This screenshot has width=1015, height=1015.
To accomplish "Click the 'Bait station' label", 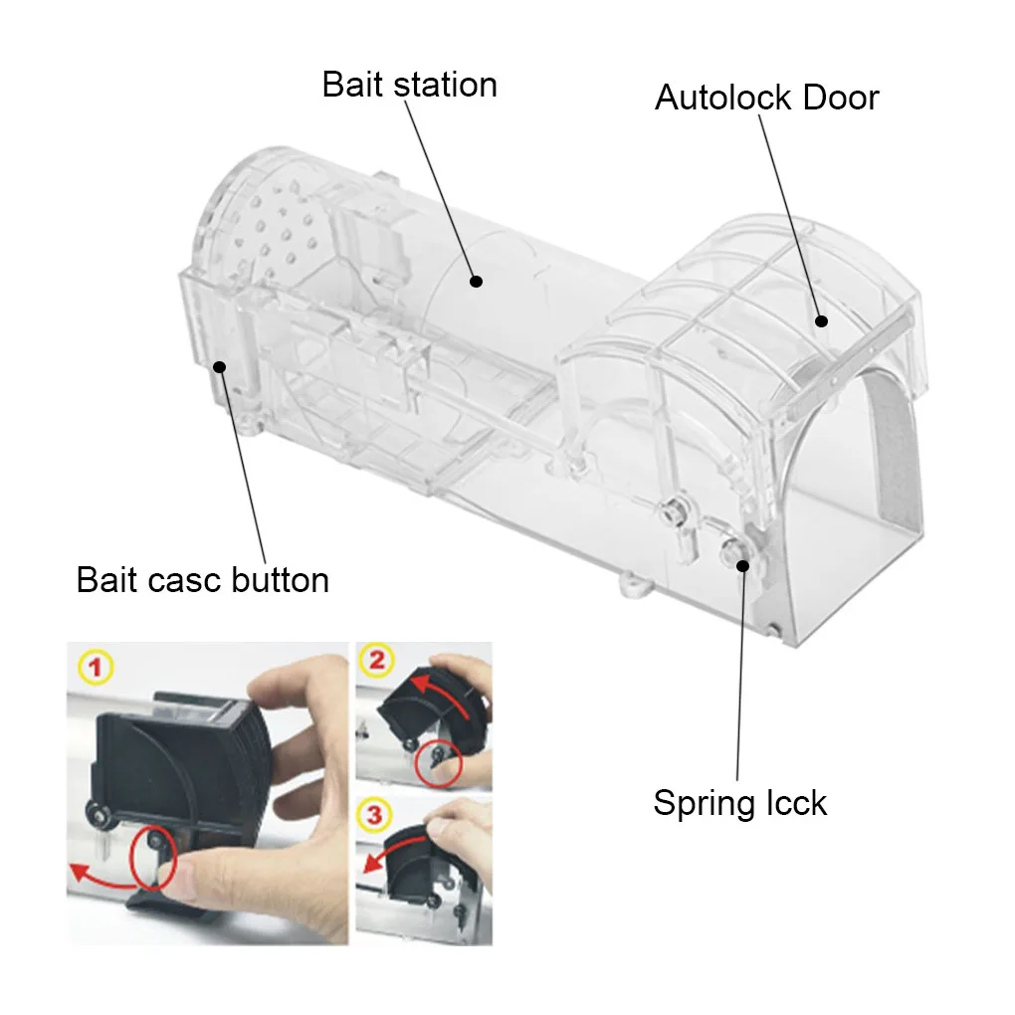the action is coord(409,85).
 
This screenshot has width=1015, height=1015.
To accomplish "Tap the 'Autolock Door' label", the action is coord(766,98).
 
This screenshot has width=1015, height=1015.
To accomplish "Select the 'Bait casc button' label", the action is coord(202,579).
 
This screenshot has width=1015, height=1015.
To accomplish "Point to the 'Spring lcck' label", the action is coord(739,802).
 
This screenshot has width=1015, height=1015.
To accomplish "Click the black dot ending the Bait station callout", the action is coord(476,282).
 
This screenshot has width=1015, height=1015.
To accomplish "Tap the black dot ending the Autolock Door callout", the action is coord(822,320).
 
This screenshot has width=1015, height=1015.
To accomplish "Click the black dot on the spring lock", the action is coord(742,565).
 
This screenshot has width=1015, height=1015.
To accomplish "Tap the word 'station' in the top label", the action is coord(445,85).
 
